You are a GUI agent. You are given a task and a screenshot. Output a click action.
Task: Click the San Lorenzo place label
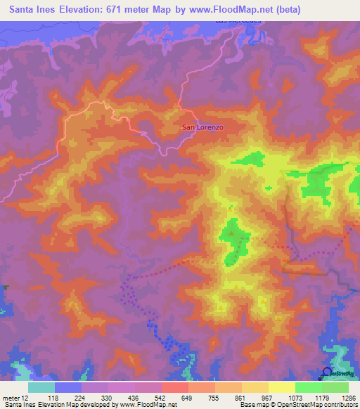pyautogui.click(x=203, y=127)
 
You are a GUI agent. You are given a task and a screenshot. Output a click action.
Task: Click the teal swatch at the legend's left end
pyautogui.click(x=41, y=387)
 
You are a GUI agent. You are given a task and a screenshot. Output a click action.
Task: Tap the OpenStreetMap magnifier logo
pyautogui.click(x=327, y=372)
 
